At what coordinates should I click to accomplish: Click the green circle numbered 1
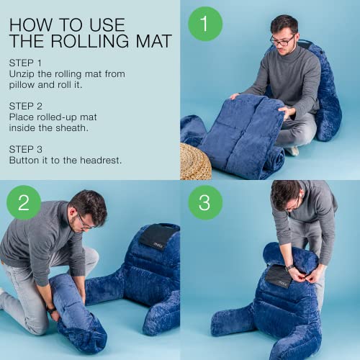tap(205, 24)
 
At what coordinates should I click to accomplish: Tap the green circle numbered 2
tap(24, 202)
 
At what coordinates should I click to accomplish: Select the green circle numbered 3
tap(205, 202)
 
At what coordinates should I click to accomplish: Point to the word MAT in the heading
tap(152, 41)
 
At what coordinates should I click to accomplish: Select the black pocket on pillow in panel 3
tap(278, 276)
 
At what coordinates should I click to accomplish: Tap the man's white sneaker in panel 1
tap(292, 151)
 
